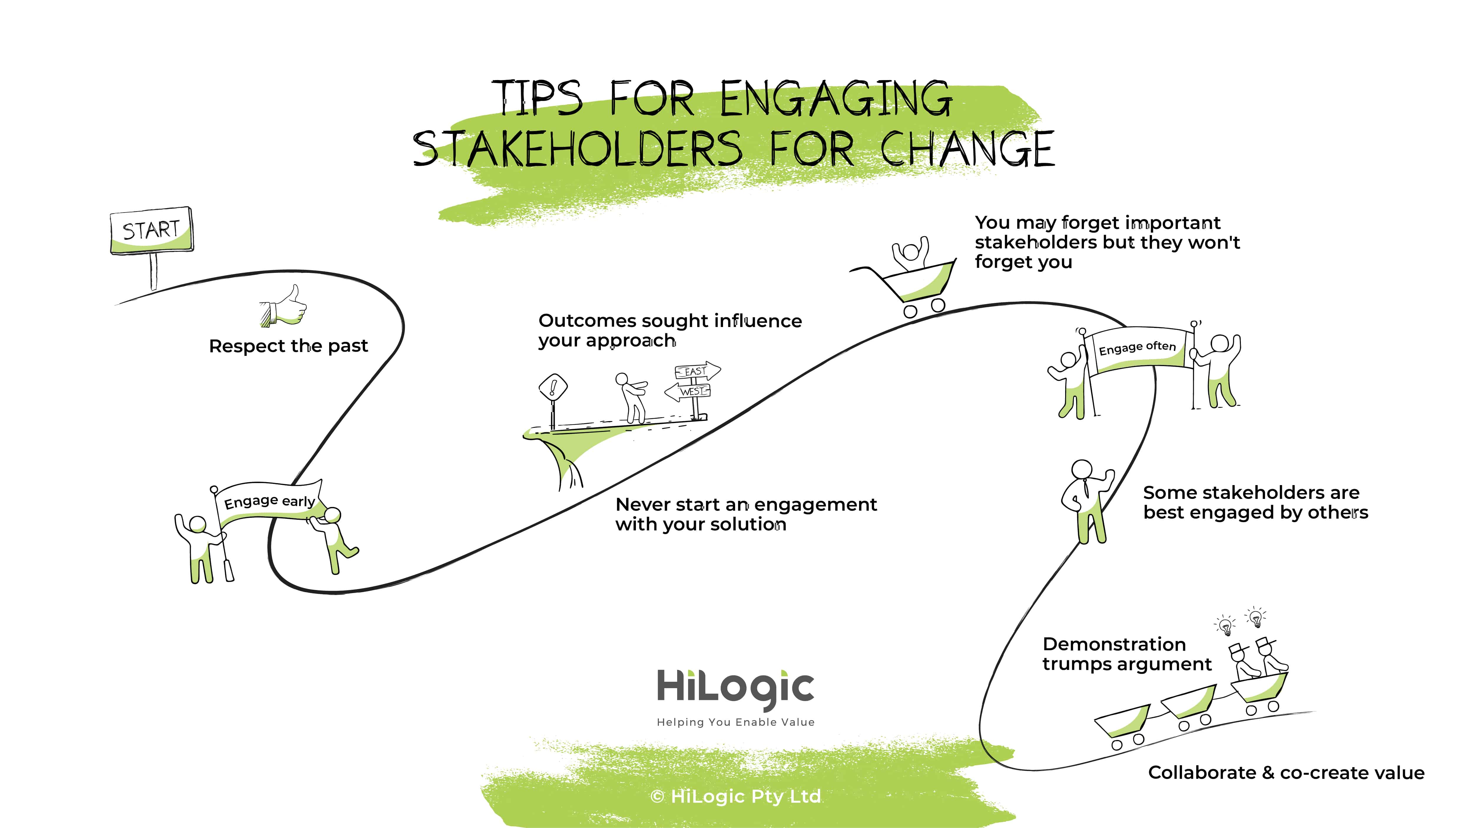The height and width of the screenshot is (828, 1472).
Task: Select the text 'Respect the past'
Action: click(x=289, y=346)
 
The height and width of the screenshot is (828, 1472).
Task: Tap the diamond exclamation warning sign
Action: click(x=553, y=389)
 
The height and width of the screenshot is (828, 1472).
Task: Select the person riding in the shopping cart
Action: click(x=911, y=253)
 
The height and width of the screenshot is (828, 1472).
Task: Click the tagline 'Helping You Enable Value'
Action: click(x=735, y=722)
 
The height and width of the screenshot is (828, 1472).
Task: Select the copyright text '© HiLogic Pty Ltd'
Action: click(x=735, y=796)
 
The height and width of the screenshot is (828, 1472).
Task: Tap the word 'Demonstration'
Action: click(x=1114, y=644)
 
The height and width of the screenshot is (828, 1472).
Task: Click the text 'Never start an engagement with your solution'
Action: click(x=746, y=514)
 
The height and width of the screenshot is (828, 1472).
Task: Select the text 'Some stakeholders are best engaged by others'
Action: click(x=1255, y=502)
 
